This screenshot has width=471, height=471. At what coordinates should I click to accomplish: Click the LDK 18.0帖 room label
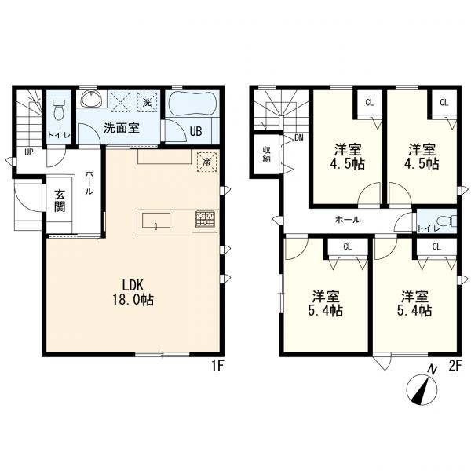(133, 292)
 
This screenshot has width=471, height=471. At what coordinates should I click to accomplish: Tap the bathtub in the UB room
(192, 104)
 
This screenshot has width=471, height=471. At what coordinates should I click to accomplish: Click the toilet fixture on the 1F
(59, 108)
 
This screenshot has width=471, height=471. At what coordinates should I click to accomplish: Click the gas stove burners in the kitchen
(205, 218)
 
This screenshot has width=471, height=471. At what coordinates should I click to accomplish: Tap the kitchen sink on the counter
(156, 221)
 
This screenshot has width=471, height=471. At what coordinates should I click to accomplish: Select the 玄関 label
(60, 201)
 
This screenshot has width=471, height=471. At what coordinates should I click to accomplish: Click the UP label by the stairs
(29, 152)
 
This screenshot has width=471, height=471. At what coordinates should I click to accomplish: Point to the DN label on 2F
(298, 138)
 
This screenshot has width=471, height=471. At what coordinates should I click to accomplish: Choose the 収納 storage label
(266, 154)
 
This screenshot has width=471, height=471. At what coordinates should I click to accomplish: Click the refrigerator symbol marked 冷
(206, 162)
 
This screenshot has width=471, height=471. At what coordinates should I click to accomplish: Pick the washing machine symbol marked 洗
(148, 102)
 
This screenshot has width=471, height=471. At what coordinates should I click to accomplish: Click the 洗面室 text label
(122, 128)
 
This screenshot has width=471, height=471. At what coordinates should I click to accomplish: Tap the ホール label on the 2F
(348, 220)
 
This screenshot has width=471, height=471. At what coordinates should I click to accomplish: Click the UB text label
(195, 131)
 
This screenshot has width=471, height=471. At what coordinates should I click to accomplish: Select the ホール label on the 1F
(89, 183)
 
